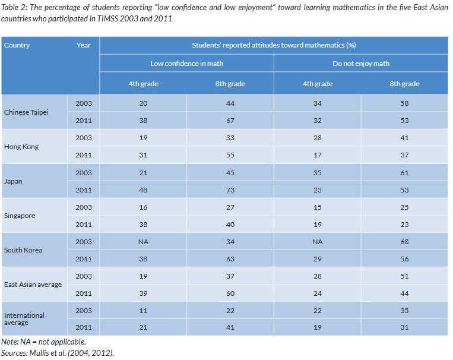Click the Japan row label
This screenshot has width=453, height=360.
pyautogui.click(x=13, y=181)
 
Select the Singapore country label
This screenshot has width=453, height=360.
pyautogui.click(x=20, y=216)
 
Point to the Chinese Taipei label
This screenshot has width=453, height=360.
pyautogui.click(x=26, y=112)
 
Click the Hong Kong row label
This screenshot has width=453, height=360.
pyautogui.click(x=21, y=147)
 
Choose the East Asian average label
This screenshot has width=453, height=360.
pyautogui.click(x=33, y=285)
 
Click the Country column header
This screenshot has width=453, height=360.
pyautogui.click(x=17, y=45)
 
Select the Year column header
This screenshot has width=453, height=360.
pyautogui.click(x=83, y=45)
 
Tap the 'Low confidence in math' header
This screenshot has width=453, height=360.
pyautogui.click(x=186, y=64)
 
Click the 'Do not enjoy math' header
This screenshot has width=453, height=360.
pyautogui.click(x=360, y=64)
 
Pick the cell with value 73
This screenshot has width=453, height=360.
pyautogui.click(x=230, y=190)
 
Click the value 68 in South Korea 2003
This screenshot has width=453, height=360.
pyautogui.click(x=404, y=242)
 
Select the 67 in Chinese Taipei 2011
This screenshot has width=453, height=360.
pyautogui.click(x=230, y=121)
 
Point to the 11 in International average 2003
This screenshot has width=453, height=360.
pyautogui.click(x=143, y=311)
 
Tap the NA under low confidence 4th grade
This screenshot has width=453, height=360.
pyautogui.click(x=143, y=242)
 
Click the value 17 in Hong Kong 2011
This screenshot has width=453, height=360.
pyautogui.click(x=317, y=155)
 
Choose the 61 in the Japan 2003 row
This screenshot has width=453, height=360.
pyautogui.click(x=404, y=173)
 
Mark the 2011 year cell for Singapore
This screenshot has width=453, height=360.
pyautogui.click(x=84, y=225)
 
